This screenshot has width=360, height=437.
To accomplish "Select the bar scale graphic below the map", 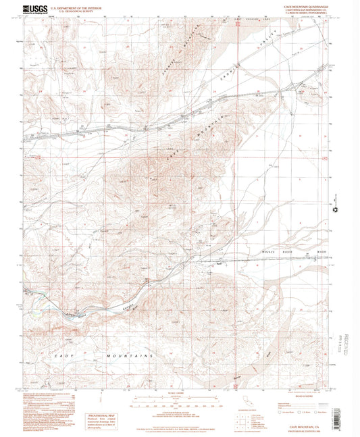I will click(179, 399).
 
